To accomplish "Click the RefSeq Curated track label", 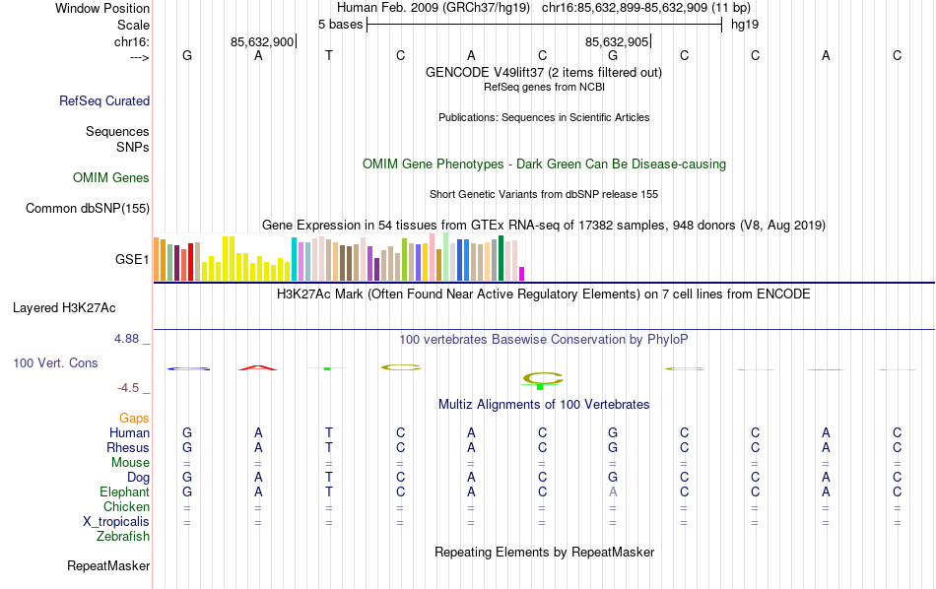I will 104,100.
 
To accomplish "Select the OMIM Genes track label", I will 111,178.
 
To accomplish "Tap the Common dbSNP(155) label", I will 88,208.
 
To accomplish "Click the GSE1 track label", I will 132,260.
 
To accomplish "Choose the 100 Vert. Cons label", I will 55,363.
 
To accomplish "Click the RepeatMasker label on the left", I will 108,566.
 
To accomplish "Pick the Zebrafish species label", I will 123,537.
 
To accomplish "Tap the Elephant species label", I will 124,491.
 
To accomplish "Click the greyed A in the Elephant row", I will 613,491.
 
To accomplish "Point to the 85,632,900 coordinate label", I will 262,41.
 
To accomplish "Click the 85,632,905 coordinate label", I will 617,41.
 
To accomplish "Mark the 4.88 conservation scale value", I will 132,339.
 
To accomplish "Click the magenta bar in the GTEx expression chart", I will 522,273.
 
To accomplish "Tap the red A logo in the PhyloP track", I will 258,367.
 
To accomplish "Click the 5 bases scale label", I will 340,24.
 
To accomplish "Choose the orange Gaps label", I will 134,419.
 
